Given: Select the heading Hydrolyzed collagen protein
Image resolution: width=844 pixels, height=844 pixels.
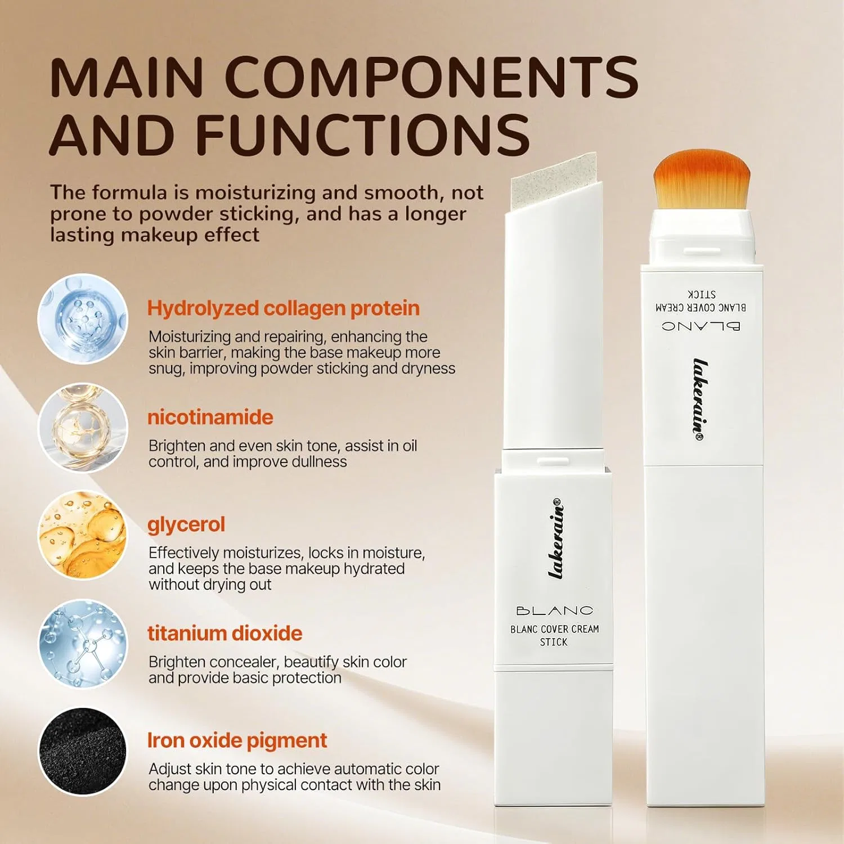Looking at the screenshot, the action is [283, 309].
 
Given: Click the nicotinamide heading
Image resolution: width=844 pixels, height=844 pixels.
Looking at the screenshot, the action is [210, 417].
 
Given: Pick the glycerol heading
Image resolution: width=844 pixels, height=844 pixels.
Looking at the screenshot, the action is [186, 525].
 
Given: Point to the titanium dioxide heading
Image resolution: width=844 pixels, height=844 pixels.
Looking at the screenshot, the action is [225, 634].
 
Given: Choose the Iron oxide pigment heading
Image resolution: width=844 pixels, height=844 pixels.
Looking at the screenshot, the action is [237, 741].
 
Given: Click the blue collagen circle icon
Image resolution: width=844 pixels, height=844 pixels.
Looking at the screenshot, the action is [83, 319].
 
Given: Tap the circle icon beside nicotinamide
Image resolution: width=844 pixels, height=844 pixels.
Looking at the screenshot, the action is [83, 428].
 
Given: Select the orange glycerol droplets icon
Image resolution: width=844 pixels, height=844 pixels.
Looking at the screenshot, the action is [83, 536].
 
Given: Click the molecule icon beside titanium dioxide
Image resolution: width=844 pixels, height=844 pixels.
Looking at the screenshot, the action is [83, 644].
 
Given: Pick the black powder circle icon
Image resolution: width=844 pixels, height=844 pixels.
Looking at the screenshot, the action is [83, 752].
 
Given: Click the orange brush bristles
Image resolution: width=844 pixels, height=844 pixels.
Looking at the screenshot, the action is [702, 179].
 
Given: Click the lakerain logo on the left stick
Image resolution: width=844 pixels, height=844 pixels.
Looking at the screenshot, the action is [555, 538].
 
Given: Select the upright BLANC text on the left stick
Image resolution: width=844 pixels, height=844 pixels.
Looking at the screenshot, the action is [554, 610].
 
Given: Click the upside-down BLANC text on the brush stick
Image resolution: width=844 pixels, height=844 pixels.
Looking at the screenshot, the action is [701, 326].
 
